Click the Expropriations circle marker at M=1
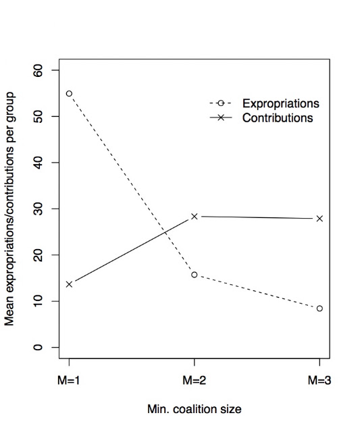pyautogui.click(x=69, y=94)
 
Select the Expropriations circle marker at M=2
pyautogui.click(x=195, y=275)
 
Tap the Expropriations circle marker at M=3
pyautogui.click(x=319, y=308)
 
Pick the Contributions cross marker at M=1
pyautogui.click(x=69, y=284)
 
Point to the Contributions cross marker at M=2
pyautogui.click(x=195, y=217)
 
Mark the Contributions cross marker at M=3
pyautogui.click(x=319, y=219)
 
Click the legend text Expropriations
pyautogui.click(x=280, y=103)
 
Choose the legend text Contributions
pyautogui.click(x=278, y=118)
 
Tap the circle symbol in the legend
pyautogui.click(x=220, y=103)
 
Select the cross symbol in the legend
pyautogui.click(x=220, y=118)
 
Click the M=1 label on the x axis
pyautogui.click(x=69, y=381)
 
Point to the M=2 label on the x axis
pyautogui.click(x=195, y=381)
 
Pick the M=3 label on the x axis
pyautogui.click(x=319, y=381)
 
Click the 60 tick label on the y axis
pyautogui.click(x=38, y=70)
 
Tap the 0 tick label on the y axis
pyautogui.click(x=38, y=348)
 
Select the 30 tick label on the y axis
pyautogui.click(x=38, y=209)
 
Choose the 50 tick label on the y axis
pyautogui.click(x=38, y=117)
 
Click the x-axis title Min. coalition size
pyautogui.click(x=195, y=409)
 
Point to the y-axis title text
pyautogui.click(x=9, y=209)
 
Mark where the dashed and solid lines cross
pyautogui.click(x=165, y=232)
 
